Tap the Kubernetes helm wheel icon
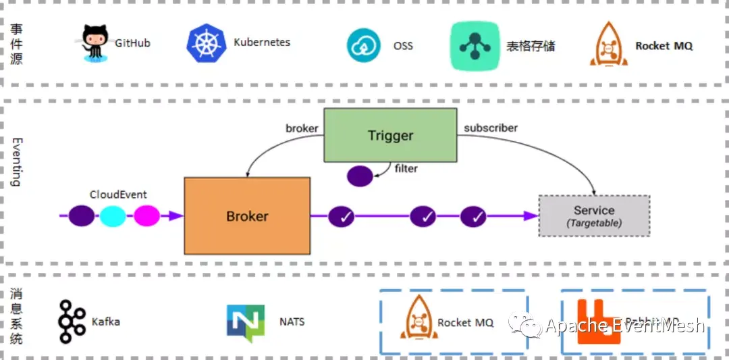pos(205,43)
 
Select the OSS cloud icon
pos(364,45)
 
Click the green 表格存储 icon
pos(475,46)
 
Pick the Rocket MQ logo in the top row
pos(608,45)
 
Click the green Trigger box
pos(390,135)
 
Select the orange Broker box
pos(247,216)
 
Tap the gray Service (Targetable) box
pos(594,215)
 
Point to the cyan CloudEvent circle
pos(113,216)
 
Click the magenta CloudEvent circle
pos(146,216)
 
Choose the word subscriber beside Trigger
pos(491,128)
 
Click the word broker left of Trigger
pos(302,128)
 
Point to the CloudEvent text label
pos(118,195)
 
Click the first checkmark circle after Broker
pos(342,217)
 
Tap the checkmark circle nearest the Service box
pos(474,217)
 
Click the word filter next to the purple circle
pos(406,168)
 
